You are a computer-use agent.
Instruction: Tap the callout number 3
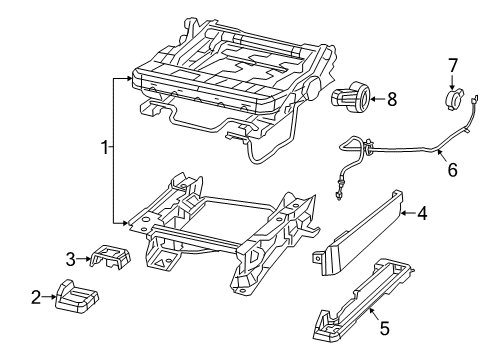pos(71,259)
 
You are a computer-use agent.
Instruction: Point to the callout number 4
pos(422,211)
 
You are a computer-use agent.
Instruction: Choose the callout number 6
pos(452,170)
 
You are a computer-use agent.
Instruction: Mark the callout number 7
pos(453,66)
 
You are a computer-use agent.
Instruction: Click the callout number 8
pos(392,98)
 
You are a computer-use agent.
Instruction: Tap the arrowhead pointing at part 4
pos(402,211)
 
